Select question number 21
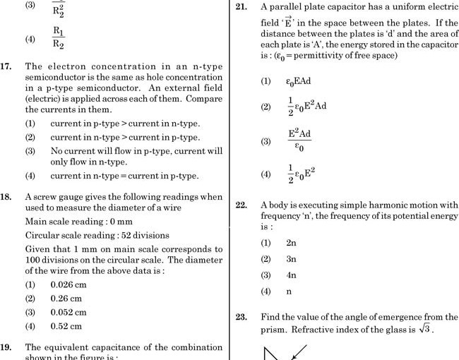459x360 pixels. tap(241, 7)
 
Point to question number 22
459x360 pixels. tap(241, 205)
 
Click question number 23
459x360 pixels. tap(241, 317)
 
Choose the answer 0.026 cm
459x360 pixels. tap(68, 284)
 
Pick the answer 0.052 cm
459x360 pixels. tap(68, 312)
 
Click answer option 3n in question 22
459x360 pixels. tap(291, 258)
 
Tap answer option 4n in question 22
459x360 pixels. tap(291, 275)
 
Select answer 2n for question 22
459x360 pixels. tap(291, 242)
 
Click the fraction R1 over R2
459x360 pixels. tap(59, 38)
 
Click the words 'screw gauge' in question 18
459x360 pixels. tap(63, 197)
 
